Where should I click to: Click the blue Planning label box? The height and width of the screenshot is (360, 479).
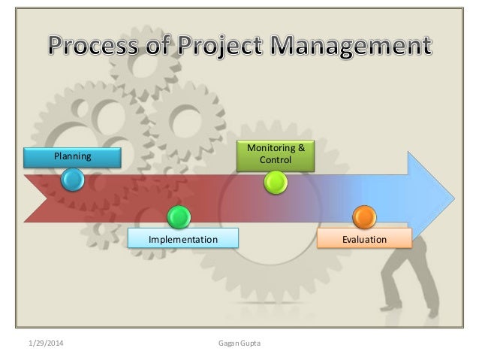(72, 156)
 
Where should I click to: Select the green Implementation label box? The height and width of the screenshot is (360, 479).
(182, 239)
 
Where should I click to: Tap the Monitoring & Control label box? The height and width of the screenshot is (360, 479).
(276, 154)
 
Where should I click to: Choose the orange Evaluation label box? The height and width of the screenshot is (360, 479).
(365, 239)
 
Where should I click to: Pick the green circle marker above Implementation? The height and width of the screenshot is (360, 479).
(179, 217)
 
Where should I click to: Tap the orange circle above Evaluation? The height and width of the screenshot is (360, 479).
(364, 217)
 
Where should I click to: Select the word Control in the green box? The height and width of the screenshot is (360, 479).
(276, 161)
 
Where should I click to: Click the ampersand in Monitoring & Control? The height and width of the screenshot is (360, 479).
(301, 148)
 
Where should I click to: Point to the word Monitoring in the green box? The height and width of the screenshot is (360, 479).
(270, 148)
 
